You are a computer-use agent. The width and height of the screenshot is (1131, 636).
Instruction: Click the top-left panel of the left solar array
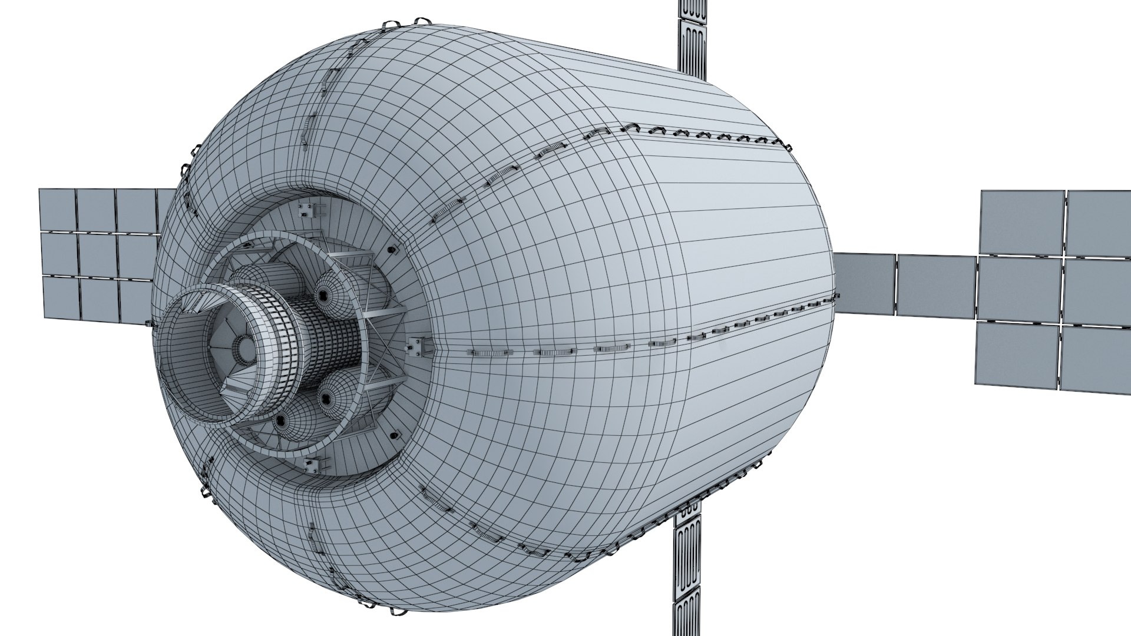[x=57, y=208]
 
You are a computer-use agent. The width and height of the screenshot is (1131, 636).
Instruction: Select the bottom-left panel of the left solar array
[x=61, y=298]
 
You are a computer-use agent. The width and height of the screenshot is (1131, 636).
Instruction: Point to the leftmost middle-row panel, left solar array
[x=59, y=254]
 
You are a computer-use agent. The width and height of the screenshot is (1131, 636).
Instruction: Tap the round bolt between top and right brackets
[x=391, y=251]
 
